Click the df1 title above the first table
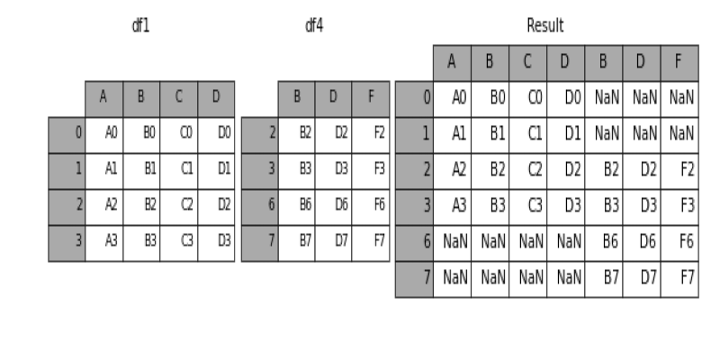[x=140, y=26]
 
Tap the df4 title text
[x=314, y=26]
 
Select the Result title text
[x=545, y=26]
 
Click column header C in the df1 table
[x=178, y=97]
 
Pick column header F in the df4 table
[x=371, y=97]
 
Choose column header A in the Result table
[x=452, y=61]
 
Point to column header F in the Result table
[x=679, y=61]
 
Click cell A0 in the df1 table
[x=111, y=133]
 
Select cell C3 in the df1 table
[x=187, y=241]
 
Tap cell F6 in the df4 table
[x=379, y=205]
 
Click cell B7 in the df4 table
[x=305, y=241]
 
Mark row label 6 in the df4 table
[x=272, y=205]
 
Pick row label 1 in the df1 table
[x=78, y=169]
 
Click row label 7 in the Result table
[x=427, y=278]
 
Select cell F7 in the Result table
[x=687, y=278]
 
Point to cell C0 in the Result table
[x=535, y=97]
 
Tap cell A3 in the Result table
[x=459, y=205]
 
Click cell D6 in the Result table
[x=648, y=241]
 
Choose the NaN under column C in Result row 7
[x=531, y=278]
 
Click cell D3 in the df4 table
[x=341, y=169]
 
